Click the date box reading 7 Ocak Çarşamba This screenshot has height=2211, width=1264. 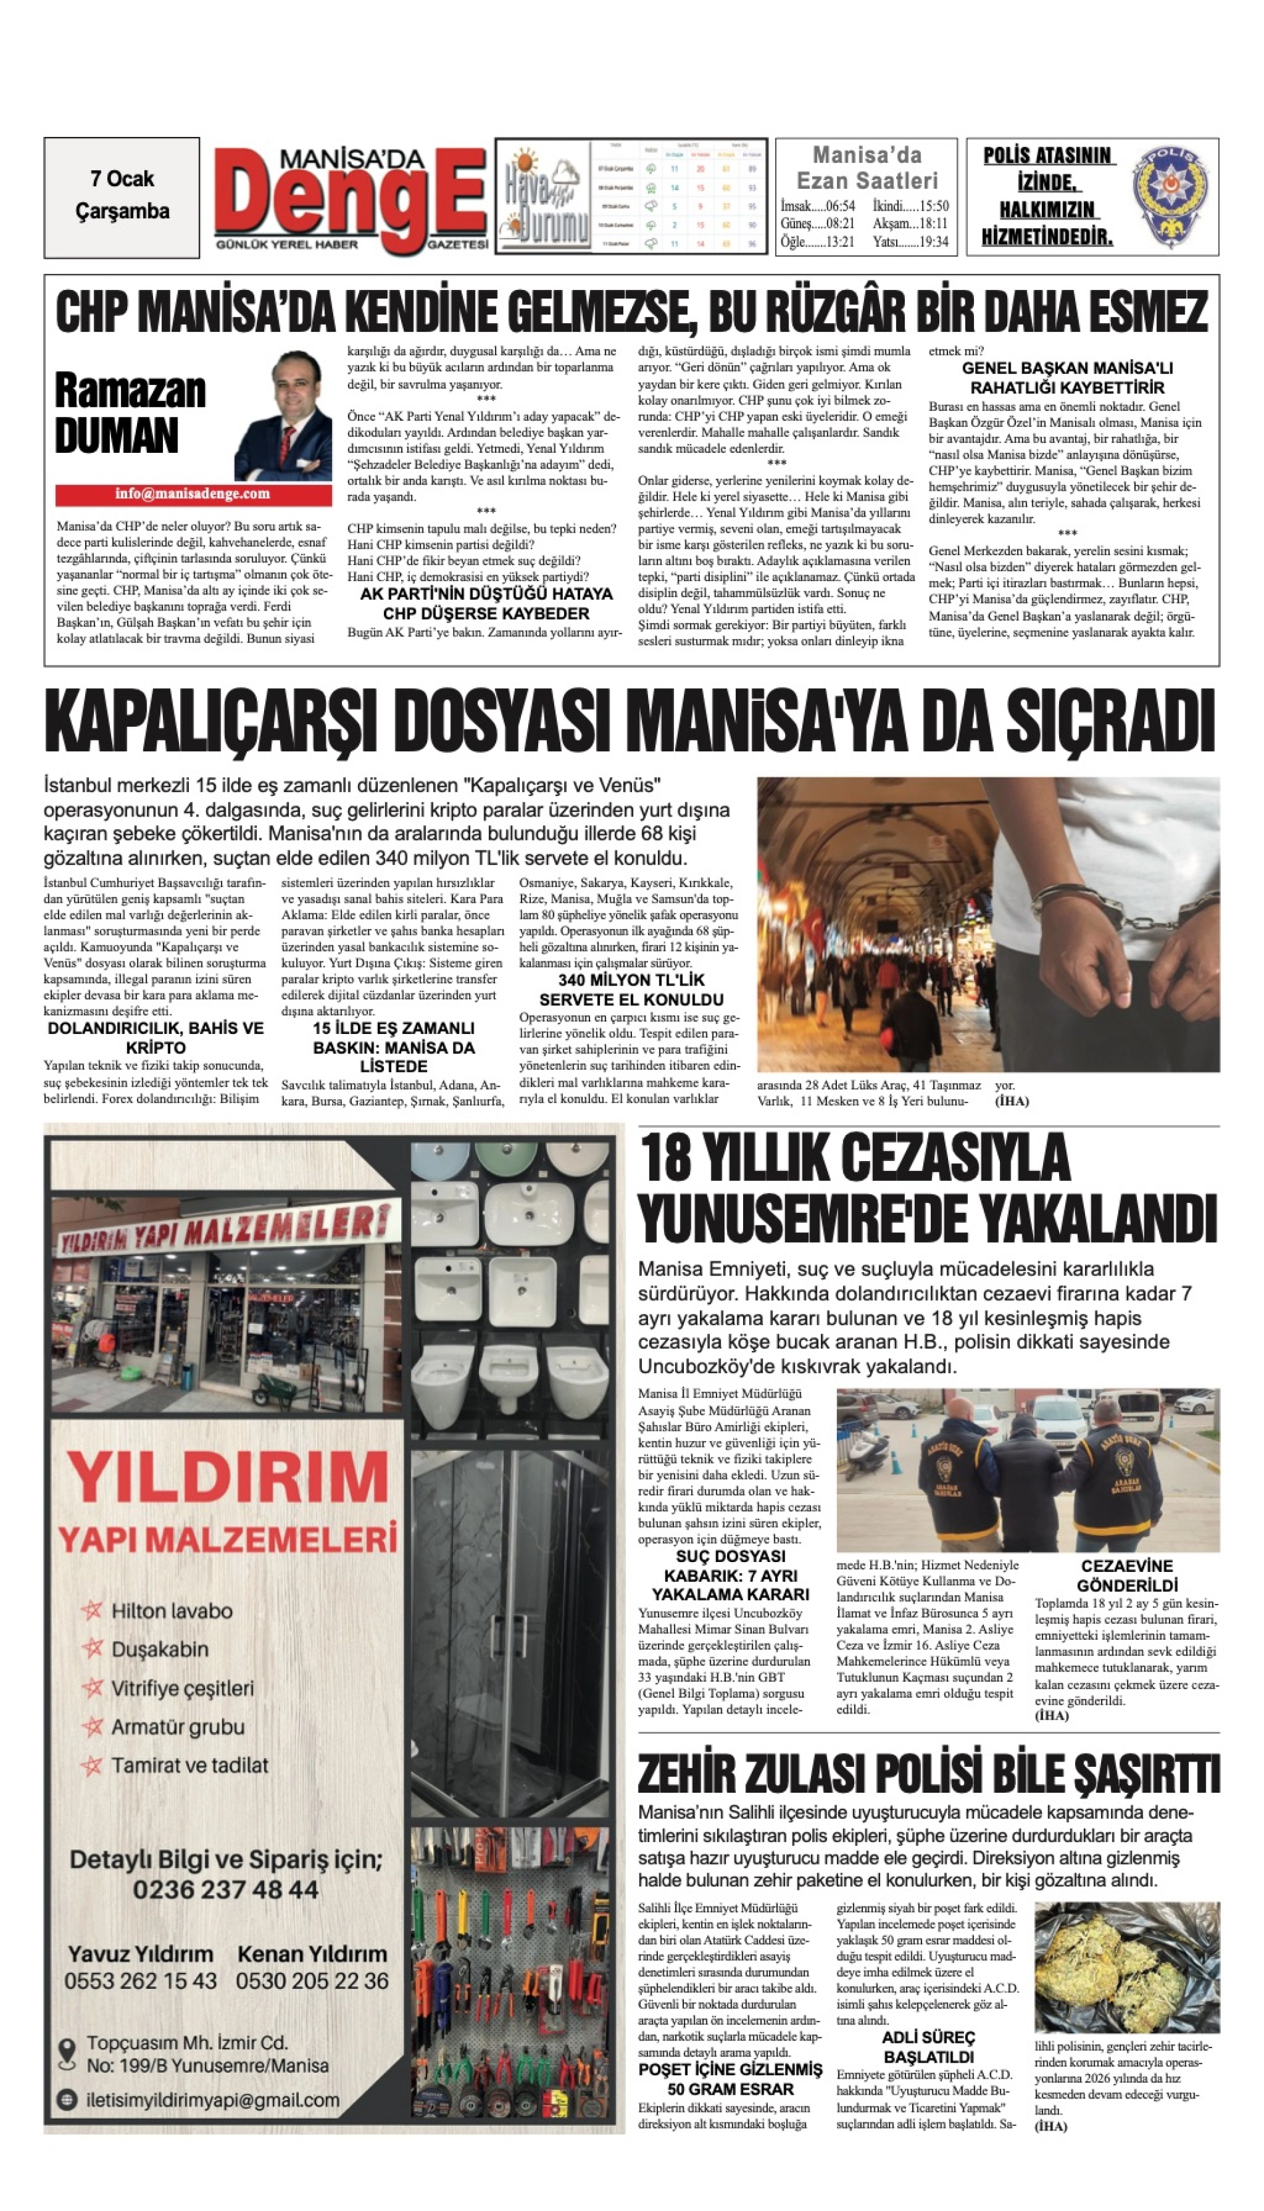coord(122,196)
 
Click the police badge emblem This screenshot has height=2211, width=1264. coord(1172,195)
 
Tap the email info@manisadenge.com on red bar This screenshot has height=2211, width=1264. coord(193,495)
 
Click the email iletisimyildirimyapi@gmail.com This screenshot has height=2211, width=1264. coord(213,2100)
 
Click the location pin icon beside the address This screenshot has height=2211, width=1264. coord(66,2053)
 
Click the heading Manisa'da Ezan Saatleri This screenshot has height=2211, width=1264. coord(866,168)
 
